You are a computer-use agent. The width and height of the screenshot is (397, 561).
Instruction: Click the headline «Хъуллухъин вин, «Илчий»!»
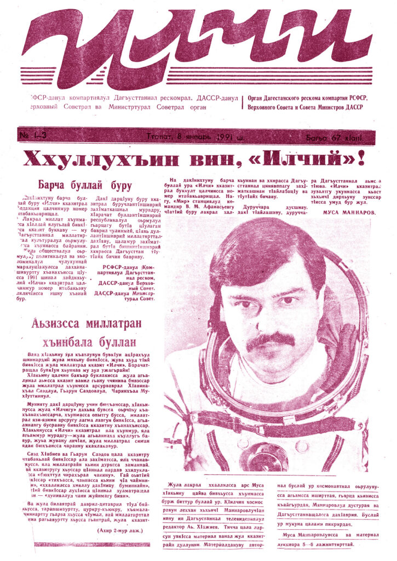(x=192, y=159)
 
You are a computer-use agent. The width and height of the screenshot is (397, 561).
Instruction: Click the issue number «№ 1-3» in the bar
(x=34, y=136)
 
